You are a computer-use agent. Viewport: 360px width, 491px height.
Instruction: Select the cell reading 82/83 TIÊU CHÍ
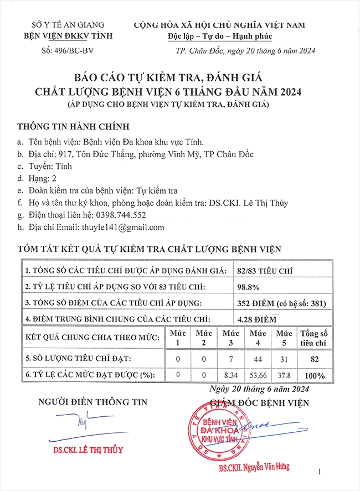click(x=264, y=270)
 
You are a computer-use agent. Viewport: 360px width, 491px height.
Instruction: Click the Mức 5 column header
click(x=284, y=338)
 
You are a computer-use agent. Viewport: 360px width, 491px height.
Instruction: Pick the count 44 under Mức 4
click(x=258, y=359)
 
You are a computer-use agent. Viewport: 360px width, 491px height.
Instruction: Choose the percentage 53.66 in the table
click(x=258, y=375)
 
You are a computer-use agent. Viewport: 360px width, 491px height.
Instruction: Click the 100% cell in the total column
click(x=314, y=375)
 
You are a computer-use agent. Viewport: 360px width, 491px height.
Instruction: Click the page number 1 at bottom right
click(x=320, y=472)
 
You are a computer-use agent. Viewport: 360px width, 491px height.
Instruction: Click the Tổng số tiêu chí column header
click(x=314, y=338)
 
